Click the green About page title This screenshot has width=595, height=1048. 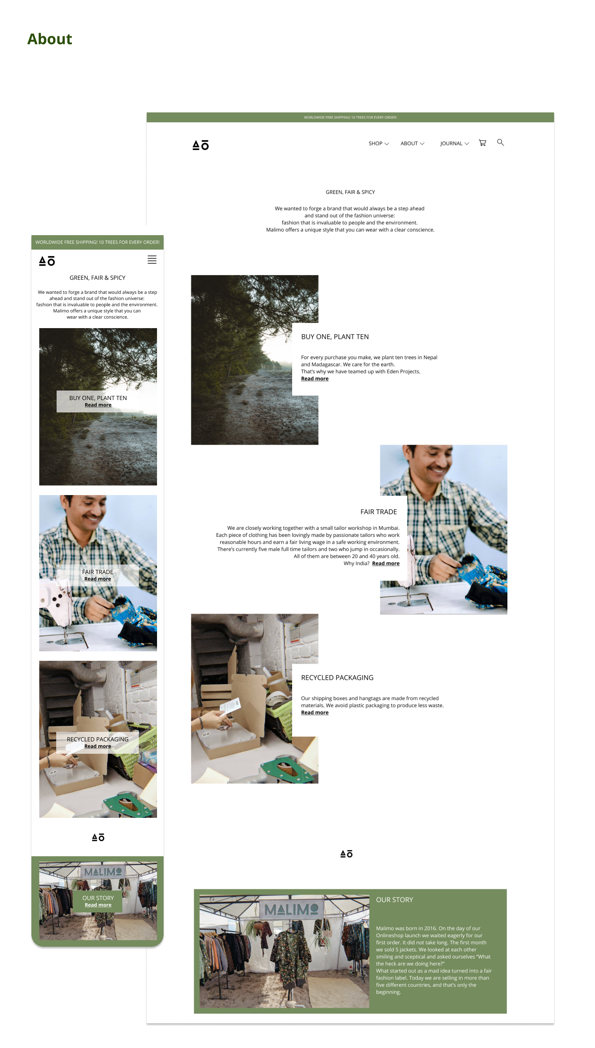click(x=50, y=39)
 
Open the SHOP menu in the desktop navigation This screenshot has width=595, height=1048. click(x=378, y=143)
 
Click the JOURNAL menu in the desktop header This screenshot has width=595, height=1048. click(x=455, y=143)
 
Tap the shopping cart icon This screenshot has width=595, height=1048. click(x=482, y=143)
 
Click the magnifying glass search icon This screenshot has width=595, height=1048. click(x=500, y=143)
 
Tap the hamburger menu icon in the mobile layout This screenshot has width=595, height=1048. click(x=152, y=260)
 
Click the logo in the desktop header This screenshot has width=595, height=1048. click(x=201, y=145)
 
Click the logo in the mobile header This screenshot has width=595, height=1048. click(x=47, y=261)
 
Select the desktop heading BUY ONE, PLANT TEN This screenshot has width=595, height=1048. click(x=335, y=337)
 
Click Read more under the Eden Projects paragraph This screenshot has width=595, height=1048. click(x=315, y=379)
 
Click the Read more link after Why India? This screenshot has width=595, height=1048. click(x=386, y=563)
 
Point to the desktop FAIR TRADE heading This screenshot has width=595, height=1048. click(x=378, y=512)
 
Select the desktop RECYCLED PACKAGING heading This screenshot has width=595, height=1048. click(x=337, y=678)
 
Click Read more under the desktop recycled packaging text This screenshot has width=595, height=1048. click(x=315, y=712)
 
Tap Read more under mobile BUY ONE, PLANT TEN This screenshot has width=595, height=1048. click(x=98, y=405)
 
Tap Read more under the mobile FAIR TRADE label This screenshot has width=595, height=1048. click(x=98, y=579)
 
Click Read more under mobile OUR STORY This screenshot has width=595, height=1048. click(x=98, y=905)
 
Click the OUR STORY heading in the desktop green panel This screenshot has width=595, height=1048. click(x=395, y=900)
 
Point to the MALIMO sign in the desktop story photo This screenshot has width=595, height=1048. click(x=291, y=909)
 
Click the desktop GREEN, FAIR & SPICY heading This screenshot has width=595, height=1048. click(x=350, y=192)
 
